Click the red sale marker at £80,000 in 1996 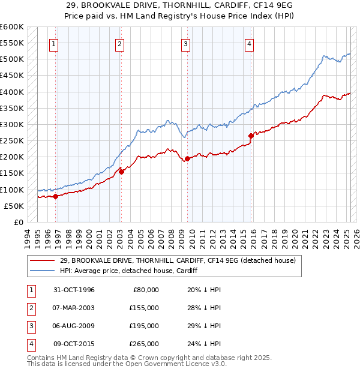coord(55,196)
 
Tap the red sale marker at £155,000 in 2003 coord(121,172)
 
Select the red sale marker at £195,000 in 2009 coord(187,159)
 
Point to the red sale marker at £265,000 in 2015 coord(251,136)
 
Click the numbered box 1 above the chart coord(54,43)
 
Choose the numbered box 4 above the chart coord(248,43)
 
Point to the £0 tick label coord(18,222)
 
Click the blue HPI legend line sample coord(42,271)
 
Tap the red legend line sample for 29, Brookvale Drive coord(42,261)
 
